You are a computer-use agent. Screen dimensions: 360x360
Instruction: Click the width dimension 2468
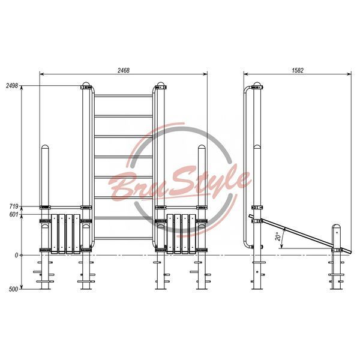[124, 70]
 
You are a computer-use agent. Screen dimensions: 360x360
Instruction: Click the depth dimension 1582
[298, 70]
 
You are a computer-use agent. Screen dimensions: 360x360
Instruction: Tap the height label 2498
[12, 86]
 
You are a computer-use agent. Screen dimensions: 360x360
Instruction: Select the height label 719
[14, 206]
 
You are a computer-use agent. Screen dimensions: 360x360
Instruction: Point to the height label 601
[14, 214]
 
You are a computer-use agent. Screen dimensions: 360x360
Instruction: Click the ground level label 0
[16, 255]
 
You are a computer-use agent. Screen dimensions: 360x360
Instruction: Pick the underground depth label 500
[13, 289]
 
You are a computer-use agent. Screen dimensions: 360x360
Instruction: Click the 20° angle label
[278, 236]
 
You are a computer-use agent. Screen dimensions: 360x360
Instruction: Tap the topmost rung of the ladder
[124, 96]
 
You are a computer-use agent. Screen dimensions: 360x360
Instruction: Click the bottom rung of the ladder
[124, 238]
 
